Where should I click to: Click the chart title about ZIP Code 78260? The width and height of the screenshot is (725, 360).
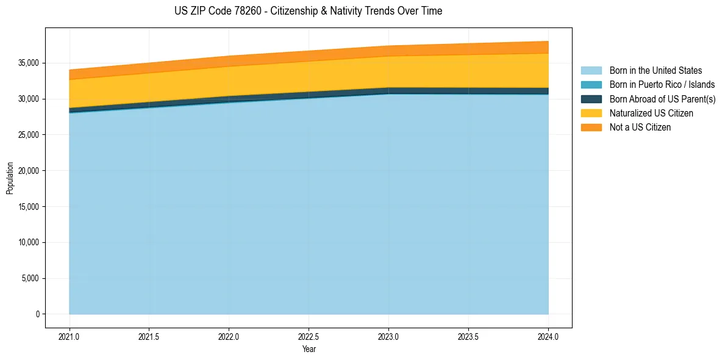click(x=308, y=11)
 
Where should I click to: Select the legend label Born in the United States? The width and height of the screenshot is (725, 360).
click(x=655, y=71)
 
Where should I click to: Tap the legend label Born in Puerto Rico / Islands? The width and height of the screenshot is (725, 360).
click(x=662, y=85)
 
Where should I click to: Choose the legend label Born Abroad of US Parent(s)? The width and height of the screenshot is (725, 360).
click(x=662, y=99)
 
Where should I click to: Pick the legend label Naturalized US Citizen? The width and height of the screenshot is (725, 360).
click(x=651, y=113)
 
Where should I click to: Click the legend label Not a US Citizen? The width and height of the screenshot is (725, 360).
click(x=640, y=128)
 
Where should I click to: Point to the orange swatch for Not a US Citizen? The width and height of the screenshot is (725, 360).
click(x=591, y=128)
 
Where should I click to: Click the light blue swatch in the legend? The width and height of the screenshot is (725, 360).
click(x=591, y=71)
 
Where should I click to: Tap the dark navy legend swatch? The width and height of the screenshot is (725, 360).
click(x=591, y=99)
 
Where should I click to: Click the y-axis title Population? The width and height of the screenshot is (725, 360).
click(x=10, y=178)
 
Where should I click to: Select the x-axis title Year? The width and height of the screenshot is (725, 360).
click(x=309, y=350)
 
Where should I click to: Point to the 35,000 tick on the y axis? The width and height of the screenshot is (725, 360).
click(x=28, y=63)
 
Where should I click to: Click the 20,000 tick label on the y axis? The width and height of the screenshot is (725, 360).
click(x=28, y=171)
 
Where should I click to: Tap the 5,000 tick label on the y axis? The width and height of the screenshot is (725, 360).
click(x=30, y=278)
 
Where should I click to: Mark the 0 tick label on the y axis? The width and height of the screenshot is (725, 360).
click(x=37, y=314)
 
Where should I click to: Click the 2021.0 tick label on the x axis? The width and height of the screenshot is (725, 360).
click(x=70, y=336)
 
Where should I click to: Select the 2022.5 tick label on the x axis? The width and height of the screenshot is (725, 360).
click(x=309, y=336)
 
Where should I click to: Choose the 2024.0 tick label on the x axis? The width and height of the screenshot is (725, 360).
click(x=548, y=336)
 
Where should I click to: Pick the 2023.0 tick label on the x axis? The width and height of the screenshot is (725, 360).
click(x=388, y=336)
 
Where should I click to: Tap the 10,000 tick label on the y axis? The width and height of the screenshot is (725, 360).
click(x=28, y=242)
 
